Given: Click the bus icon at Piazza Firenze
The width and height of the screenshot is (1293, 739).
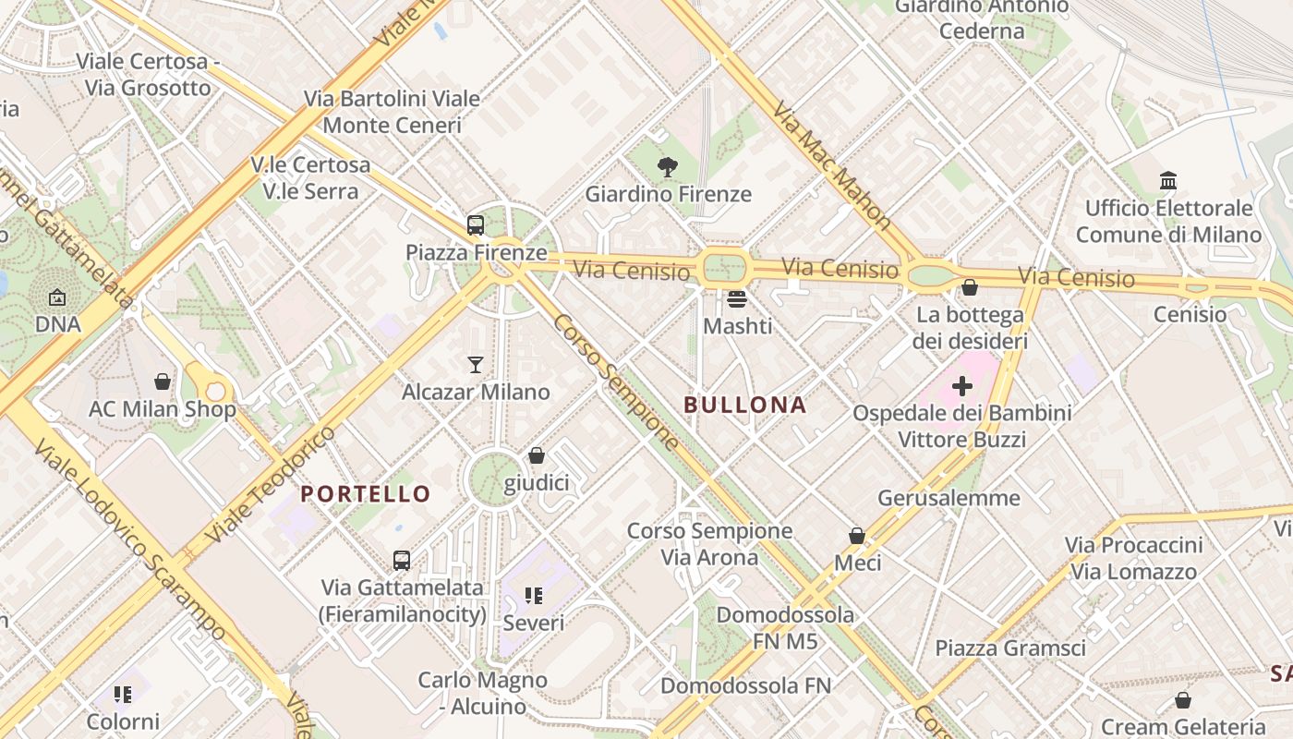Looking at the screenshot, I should pyautogui.click(x=476, y=224).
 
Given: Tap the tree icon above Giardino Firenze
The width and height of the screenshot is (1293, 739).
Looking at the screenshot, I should pyautogui.click(x=667, y=167).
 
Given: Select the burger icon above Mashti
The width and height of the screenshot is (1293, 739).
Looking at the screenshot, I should pyautogui.click(x=736, y=298).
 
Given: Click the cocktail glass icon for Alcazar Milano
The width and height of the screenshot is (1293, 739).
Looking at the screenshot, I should pyautogui.click(x=476, y=364).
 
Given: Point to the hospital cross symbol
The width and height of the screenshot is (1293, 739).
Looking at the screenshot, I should pyautogui.click(x=962, y=385).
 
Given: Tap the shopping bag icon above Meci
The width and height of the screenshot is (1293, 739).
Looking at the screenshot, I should pyautogui.click(x=857, y=536).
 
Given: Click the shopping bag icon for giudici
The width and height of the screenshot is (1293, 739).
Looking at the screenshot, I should pyautogui.click(x=537, y=455).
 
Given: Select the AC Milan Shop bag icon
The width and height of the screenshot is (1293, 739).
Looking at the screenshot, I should pyautogui.click(x=163, y=381).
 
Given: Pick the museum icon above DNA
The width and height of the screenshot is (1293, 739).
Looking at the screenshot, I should pyautogui.click(x=57, y=297).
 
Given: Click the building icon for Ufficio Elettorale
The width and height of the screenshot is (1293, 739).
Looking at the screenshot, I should pyautogui.click(x=1168, y=180).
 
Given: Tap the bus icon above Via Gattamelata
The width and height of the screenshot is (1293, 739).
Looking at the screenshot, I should pyautogui.click(x=402, y=560).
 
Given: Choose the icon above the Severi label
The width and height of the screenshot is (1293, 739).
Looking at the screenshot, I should pyautogui.click(x=533, y=596).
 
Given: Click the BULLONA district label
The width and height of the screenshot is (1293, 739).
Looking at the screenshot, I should pyautogui.click(x=745, y=405).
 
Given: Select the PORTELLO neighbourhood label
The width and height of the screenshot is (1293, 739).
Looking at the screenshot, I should pyautogui.click(x=366, y=494).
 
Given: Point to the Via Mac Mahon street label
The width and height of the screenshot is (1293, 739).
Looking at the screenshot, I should pyautogui.click(x=831, y=166).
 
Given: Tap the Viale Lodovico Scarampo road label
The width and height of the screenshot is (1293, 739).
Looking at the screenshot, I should pyautogui.click(x=129, y=540).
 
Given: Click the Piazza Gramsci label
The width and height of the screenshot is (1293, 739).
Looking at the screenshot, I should pyautogui.click(x=1010, y=648).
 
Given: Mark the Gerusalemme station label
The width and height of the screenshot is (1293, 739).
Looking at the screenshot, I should pyautogui.click(x=949, y=498).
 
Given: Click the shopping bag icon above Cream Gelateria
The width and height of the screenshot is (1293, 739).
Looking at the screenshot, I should pyautogui.click(x=1183, y=700).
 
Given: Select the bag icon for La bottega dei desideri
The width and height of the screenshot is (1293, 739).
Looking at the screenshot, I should pyautogui.click(x=970, y=288).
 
